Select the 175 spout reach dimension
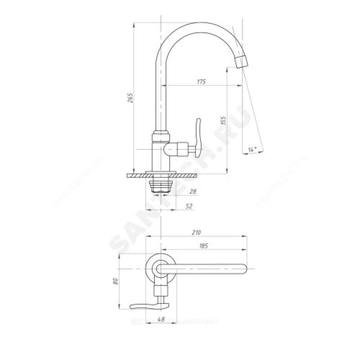tap(201, 81)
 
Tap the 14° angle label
tap(252, 149)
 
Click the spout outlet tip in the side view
tap(242, 63)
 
